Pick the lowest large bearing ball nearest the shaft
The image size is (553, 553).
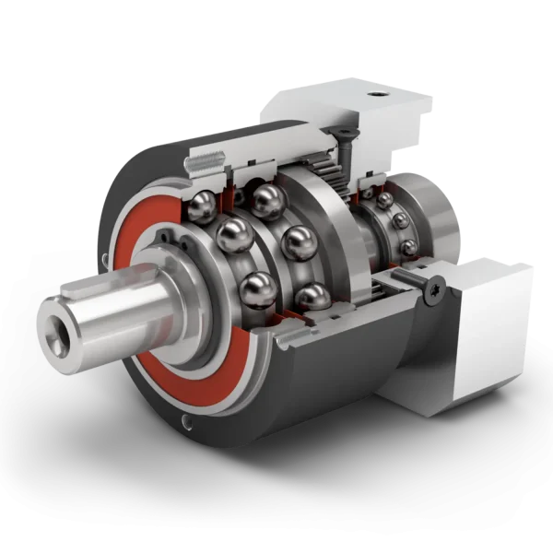[x=255, y=290]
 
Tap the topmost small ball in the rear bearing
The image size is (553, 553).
[x=383, y=197]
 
